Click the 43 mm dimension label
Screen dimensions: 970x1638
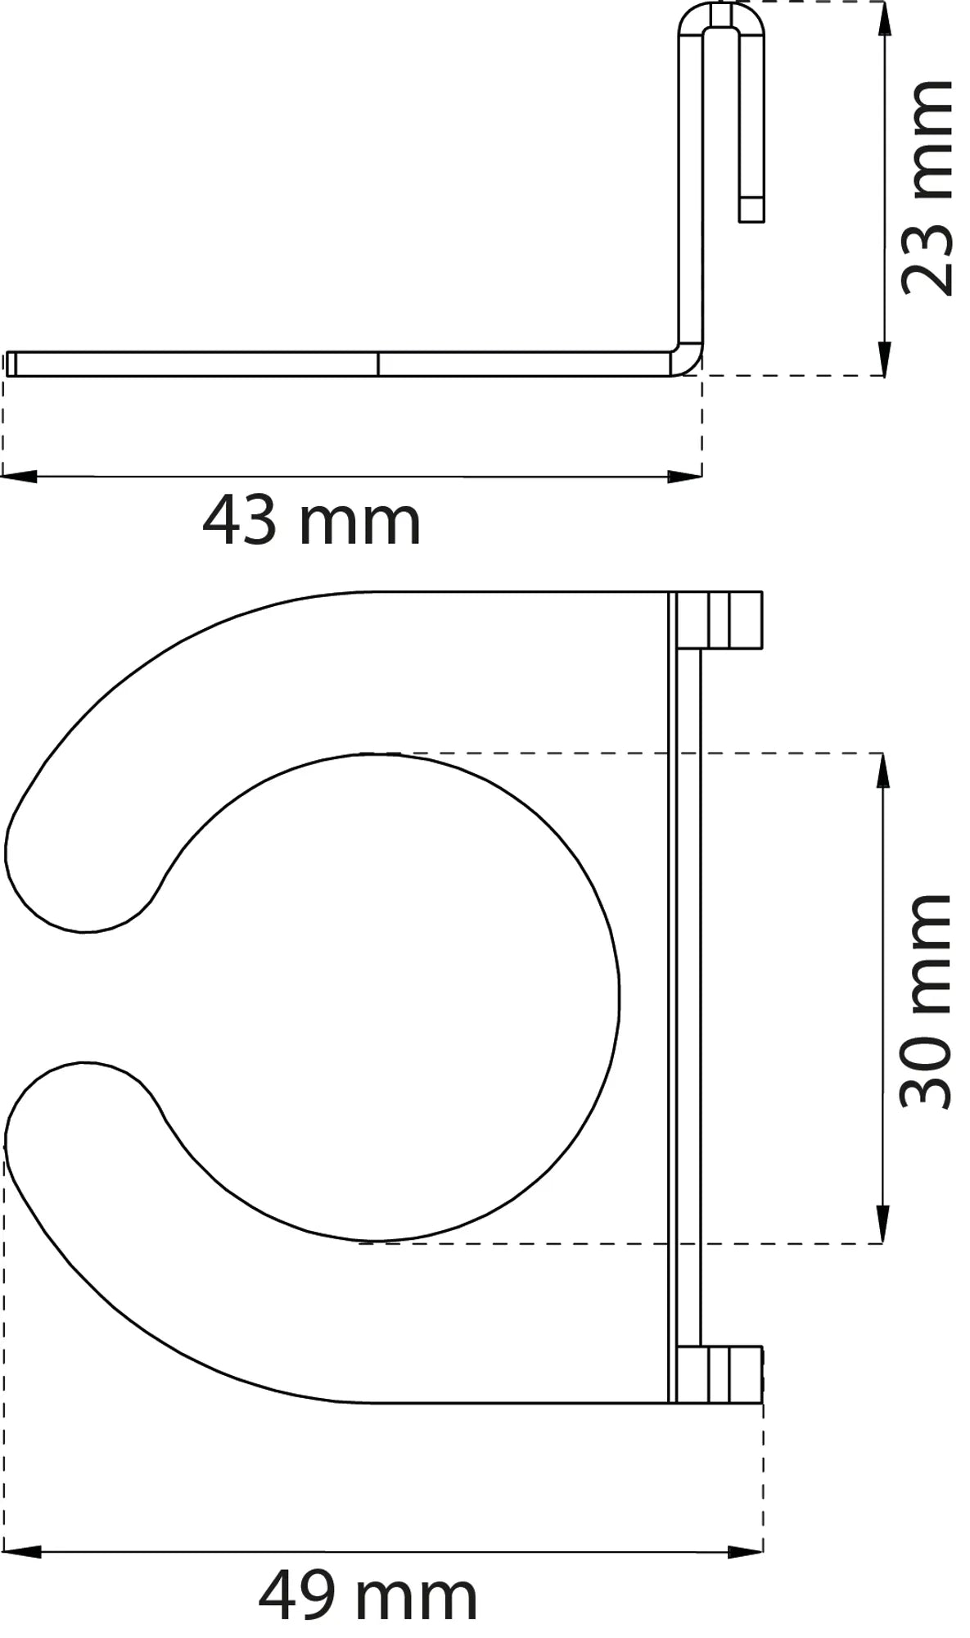tap(311, 521)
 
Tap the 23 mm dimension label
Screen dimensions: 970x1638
tap(927, 188)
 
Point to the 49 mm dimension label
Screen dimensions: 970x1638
tap(368, 1595)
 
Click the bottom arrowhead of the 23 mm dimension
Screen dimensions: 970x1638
tap(882, 358)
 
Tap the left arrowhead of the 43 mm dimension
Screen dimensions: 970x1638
tap(20, 476)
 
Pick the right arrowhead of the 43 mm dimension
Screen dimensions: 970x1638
tap(684, 476)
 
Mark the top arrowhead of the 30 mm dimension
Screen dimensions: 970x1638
tap(882, 771)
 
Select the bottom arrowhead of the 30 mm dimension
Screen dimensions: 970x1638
tap(882, 1226)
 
